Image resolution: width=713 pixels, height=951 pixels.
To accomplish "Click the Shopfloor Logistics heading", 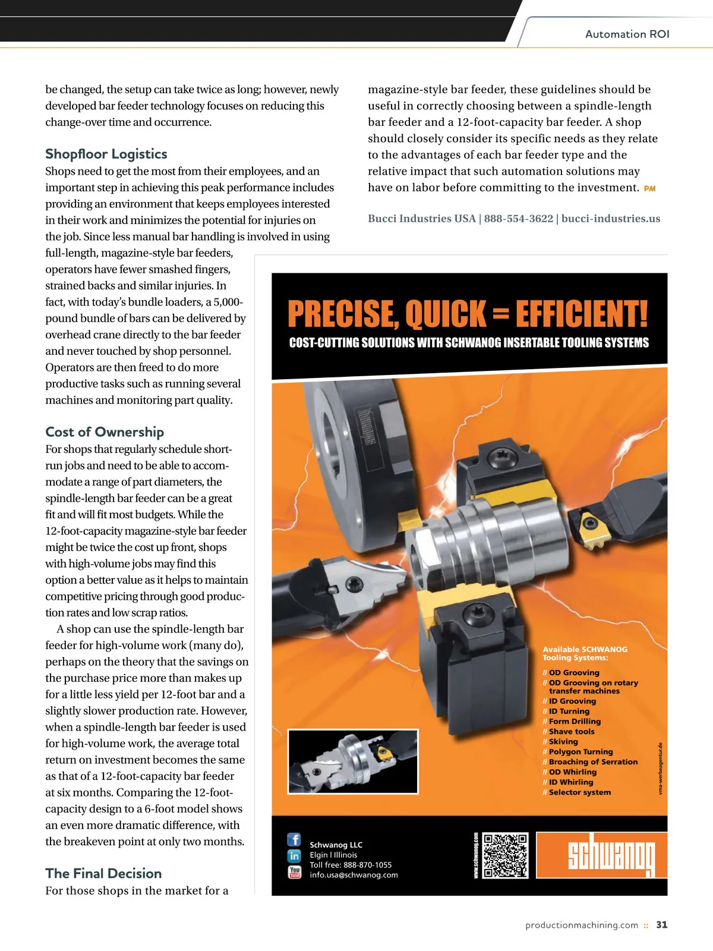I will tap(106, 154).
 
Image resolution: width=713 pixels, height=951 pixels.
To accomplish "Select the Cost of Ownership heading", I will tap(105, 432).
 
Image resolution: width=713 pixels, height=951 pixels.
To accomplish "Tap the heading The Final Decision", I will tap(103, 873).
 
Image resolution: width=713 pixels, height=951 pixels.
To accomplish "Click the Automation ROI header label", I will tap(627, 34).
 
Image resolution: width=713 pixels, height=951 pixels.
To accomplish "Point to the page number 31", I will tap(662, 925).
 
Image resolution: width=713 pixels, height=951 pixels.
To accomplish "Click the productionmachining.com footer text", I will tap(582, 925).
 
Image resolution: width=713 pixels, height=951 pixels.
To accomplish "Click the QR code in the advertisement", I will tap(506, 856).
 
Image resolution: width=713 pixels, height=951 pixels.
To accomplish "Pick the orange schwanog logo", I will tap(601, 855).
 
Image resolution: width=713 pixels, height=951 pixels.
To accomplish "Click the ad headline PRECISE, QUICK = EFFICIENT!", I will tap(468, 314).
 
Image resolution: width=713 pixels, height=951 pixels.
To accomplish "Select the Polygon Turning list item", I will tap(581, 752).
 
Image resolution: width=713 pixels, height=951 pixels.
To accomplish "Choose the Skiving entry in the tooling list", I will tap(563, 742).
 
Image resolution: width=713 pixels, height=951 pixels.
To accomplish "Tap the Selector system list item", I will tap(579, 792).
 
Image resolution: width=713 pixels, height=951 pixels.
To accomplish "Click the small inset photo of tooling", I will tap(353, 761).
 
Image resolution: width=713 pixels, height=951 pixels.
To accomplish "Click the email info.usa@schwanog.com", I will tap(354, 875).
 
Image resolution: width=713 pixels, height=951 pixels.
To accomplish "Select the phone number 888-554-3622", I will tap(518, 219).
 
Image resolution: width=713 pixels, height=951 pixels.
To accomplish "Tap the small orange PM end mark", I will tap(650, 188).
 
